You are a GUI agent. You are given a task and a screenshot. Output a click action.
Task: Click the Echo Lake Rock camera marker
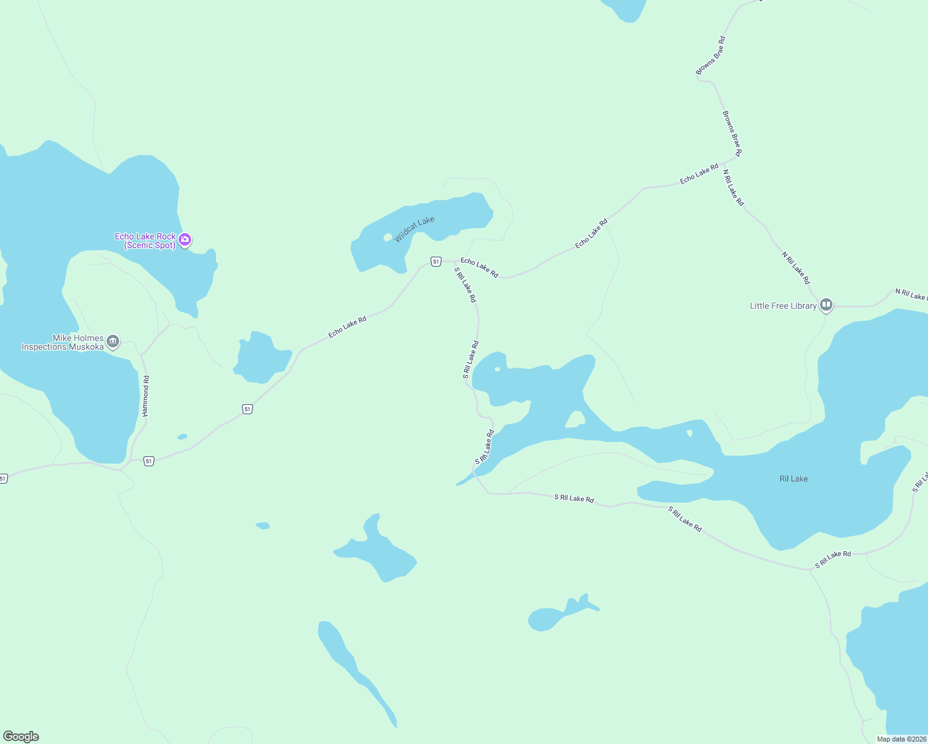pyautogui.click(x=185, y=239)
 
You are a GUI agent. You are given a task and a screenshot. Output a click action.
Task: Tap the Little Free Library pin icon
pyautogui.click(x=826, y=305)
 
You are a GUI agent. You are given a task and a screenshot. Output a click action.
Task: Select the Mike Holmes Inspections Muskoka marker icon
pyautogui.click(x=113, y=341)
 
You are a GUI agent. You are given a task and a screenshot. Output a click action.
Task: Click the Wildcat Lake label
pyautogui.click(x=414, y=229)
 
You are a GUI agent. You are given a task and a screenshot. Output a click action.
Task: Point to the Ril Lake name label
pyautogui.click(x=793, y=479)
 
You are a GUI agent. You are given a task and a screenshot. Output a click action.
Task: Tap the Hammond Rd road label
pyautogui.click(x=146, y=396)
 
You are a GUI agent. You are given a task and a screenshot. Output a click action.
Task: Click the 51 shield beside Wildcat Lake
pyautogui.click(x=436, y=262)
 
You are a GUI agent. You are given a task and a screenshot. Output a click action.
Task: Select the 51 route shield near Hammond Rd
pyautogui.click(x=148, y=461)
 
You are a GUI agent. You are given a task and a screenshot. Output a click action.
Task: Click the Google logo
pyautogui.click(x=21, y=737)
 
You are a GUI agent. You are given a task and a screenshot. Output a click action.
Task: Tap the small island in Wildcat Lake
pyautogui.click(x=388, y=237)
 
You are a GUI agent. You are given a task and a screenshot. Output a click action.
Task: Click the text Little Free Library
pyautogui.click(x=783, y=306)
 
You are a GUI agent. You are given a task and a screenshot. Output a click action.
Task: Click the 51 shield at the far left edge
pyautogui.click(x=3, y=479)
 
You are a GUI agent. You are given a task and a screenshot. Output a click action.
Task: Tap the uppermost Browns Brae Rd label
pyautogui.click(x=710, y=56)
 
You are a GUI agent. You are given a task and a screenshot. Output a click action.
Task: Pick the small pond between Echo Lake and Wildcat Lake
pyautogui.click(x=261, y=358)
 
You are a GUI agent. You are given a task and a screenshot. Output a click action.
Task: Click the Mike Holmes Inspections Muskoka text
pyautogui.click(x=63, y=342)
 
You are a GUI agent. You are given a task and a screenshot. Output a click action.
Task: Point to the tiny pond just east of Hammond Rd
pyautogui.click(x=182, y=436)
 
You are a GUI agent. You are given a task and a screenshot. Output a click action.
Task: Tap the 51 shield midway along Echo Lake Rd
pyautogui.click(x=248, y=409)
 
